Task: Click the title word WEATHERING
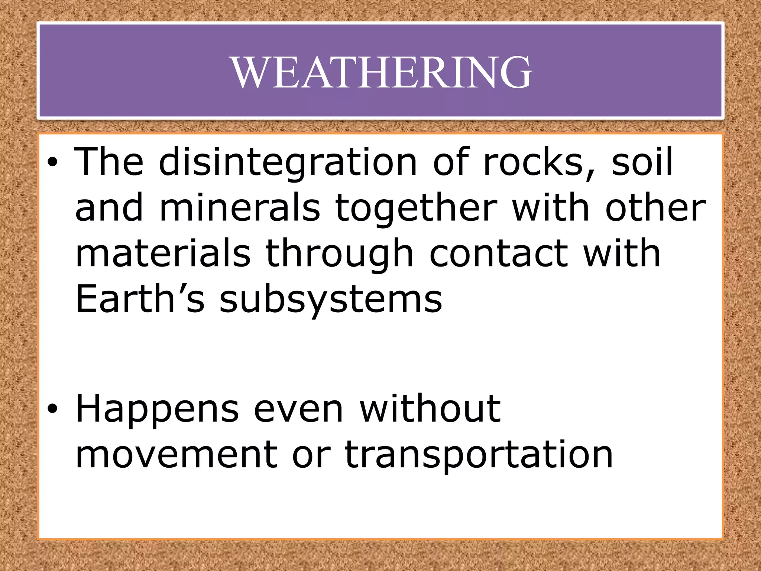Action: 382,72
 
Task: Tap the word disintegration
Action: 288,162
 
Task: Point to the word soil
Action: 642,162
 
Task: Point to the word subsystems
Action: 331,300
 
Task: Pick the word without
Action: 430,409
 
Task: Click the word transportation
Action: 479,455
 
